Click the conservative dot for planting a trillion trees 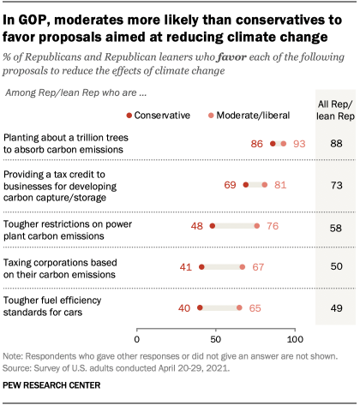273,144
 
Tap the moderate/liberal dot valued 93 284,144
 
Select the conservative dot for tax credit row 246,184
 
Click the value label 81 280,184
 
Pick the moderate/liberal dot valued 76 256,226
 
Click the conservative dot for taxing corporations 201,267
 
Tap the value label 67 258,267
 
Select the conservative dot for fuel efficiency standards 200,307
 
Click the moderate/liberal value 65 255,307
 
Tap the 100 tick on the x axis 295,340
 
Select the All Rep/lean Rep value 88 336,144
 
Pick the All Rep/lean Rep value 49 336,307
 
